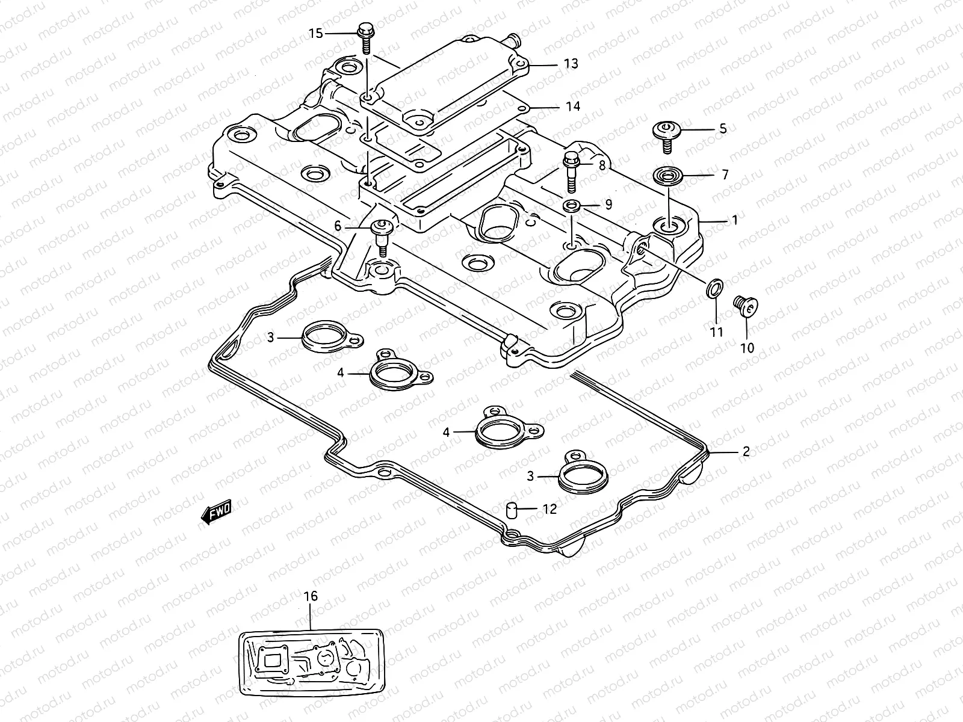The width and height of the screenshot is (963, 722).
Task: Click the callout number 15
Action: coord(316,34)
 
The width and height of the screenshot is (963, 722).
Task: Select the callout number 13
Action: coord(571,63)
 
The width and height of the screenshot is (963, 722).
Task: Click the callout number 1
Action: coord(734,221)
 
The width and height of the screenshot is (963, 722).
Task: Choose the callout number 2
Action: coord(746,451)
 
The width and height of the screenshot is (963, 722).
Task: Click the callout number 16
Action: coord(310,596)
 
